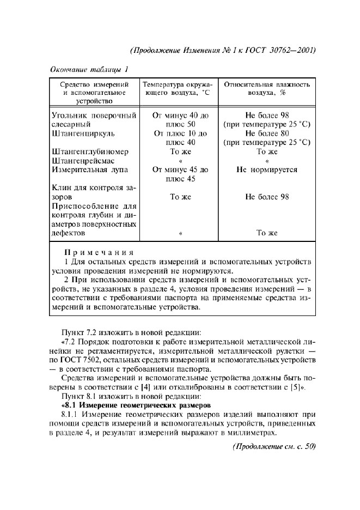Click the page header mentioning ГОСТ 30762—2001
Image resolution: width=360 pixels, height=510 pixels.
coord(223,50)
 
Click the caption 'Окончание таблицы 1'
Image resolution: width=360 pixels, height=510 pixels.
coord(89,70)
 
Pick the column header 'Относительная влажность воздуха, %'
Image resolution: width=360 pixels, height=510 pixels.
coord(267,89)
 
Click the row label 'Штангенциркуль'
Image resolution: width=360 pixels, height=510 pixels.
coord(83,133)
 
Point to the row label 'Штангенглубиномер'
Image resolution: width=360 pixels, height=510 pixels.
coord(90,151)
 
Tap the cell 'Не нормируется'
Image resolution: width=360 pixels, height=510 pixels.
coord(267,169)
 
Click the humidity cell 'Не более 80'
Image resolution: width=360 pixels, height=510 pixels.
coord(267,133)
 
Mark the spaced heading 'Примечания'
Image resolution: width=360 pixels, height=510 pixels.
coord(99,252)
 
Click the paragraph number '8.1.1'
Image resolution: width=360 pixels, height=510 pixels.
coord(73,415)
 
